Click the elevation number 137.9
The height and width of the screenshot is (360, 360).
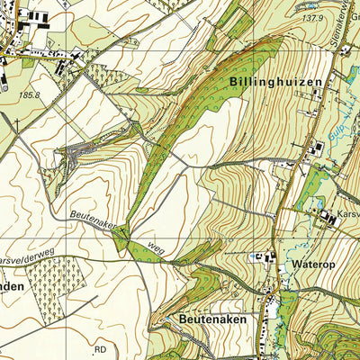[x=311, y=18]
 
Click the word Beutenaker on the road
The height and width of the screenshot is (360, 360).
[x=93, y=220]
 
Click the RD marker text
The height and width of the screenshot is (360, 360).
[x=100, y=349]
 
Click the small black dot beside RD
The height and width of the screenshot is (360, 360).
[x=90, y=344]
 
